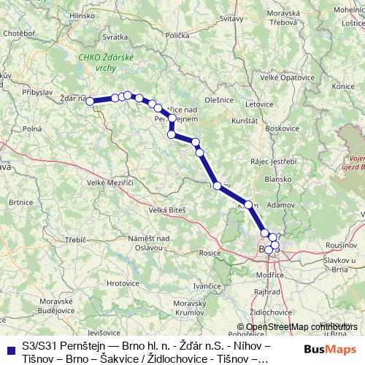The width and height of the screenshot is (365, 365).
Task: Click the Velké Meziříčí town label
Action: click(x=109, y=182)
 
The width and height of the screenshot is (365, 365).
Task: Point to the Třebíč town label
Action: click(x=75, y=239)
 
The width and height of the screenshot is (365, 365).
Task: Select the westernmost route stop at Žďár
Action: click(x=91, y=101)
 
